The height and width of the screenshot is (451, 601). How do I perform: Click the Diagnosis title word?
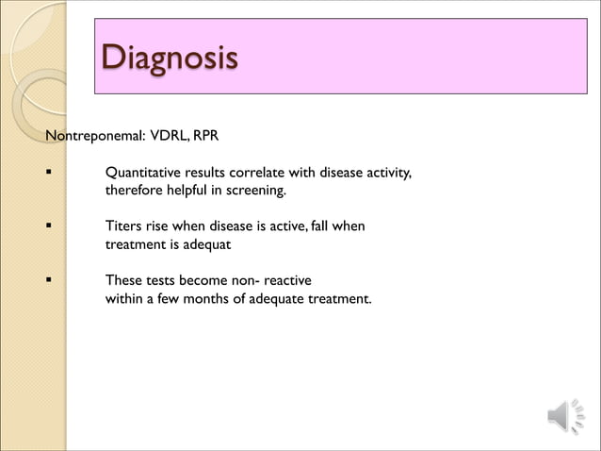tap(169, 58)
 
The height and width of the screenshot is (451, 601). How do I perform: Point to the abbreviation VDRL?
tap(169, 137)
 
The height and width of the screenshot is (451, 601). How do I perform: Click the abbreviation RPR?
tap(206, 137)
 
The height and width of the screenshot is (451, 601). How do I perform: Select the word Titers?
tap(122, 227)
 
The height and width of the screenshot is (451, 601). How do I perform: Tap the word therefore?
tap(134, 192)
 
